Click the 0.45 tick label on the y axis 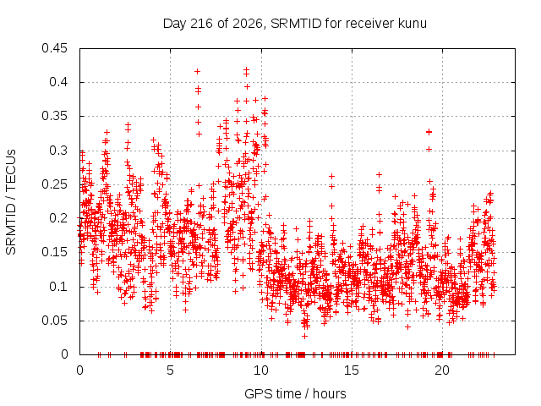54,48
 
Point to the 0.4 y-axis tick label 58,82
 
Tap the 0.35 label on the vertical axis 54,116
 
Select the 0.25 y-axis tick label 54,184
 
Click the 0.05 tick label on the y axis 54,321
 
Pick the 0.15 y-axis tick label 54,252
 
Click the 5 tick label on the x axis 170,370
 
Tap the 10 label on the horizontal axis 261,370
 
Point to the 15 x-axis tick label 352,370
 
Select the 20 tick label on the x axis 442,370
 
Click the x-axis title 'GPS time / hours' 295,394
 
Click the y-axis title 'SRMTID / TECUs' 11,202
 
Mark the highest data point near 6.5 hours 197,71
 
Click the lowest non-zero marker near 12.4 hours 304,336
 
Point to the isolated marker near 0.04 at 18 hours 407,326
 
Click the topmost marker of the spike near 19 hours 429,132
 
